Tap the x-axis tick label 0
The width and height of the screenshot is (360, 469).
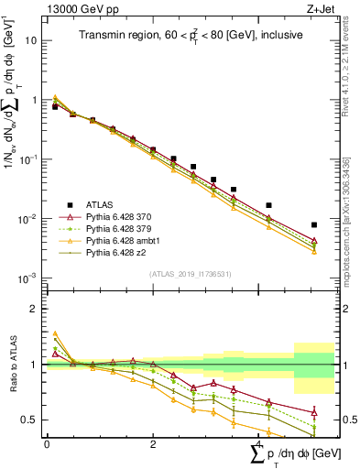point(47,444)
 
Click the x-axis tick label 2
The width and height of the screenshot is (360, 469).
point(152,444)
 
